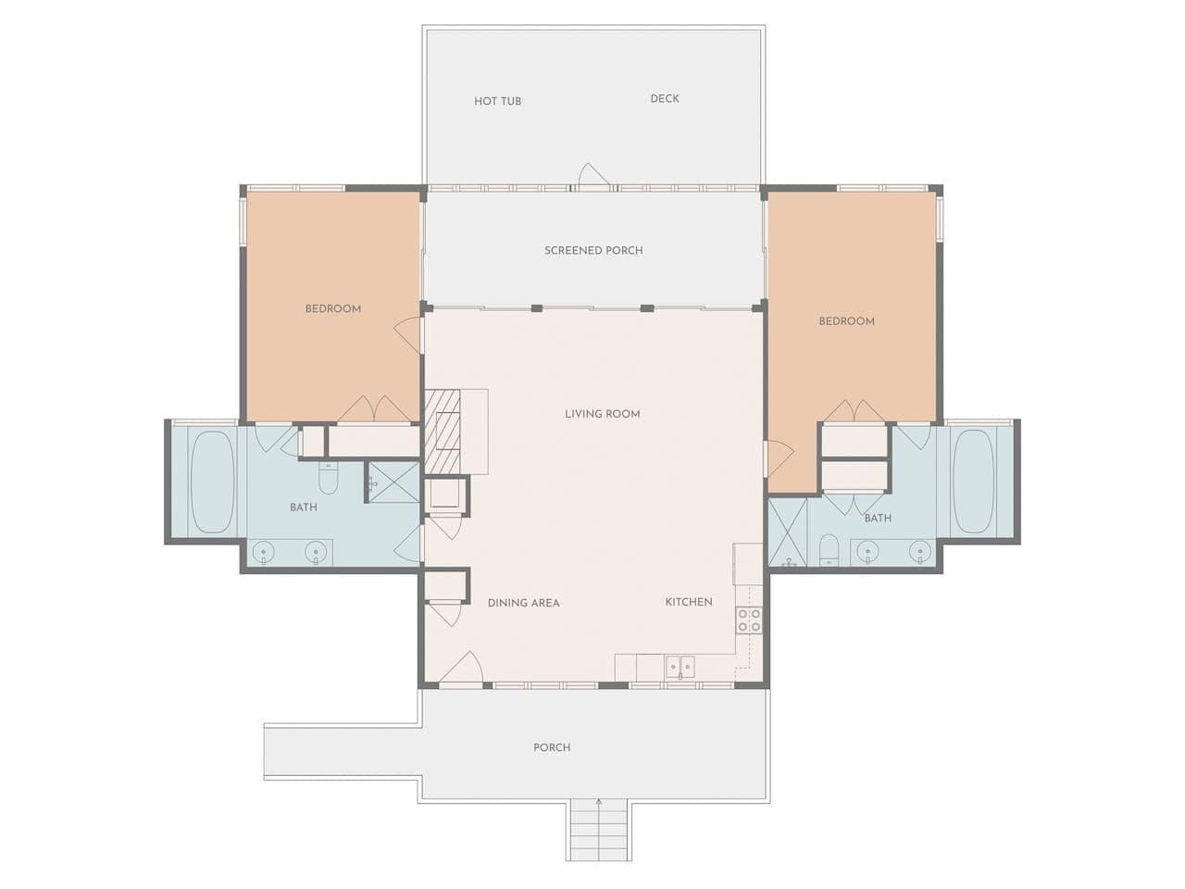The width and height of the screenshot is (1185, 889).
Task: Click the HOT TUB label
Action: [x=497, y=101]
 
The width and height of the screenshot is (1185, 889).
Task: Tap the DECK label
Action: [x=665, y=98]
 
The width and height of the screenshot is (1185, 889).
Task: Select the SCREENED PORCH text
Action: [x=593, y=250]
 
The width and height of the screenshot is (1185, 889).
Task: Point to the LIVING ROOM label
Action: [x=603, y=414]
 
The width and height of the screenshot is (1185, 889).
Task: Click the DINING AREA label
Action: [x=524, y=603]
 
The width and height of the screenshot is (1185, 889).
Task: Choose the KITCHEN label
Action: [x=689, y=602]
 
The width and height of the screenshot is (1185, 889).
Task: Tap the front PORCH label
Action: [x=552, y=747]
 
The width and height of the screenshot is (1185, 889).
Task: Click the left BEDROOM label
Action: [x=333, y=308]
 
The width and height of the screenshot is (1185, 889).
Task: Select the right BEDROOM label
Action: [x=846, y=321]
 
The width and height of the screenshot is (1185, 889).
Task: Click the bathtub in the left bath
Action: [x=213, y=482]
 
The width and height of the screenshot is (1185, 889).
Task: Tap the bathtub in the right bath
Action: [x=973, y=482]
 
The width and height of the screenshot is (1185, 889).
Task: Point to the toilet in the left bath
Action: [x=328, y=478]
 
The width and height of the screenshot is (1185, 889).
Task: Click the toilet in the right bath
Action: [x=829, y=550]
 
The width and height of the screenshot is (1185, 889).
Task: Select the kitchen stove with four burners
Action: [x=749, y=620]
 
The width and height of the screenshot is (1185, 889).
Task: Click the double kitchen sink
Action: [x=680, y=667]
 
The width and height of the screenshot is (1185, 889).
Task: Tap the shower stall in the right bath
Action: [x=788, y=532]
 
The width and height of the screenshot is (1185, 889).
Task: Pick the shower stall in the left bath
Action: [x=393, y=482]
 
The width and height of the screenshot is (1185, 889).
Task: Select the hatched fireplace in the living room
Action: [x=443, y=432]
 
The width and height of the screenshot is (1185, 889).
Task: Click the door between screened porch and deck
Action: [x=593, y=177]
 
